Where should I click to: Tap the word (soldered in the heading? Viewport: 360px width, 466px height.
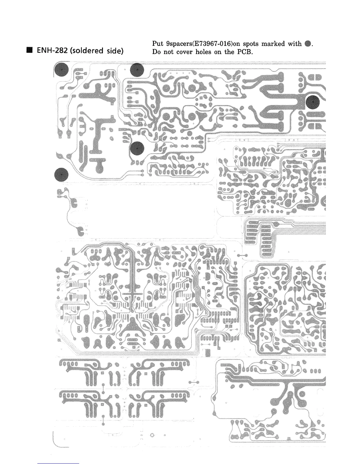85,51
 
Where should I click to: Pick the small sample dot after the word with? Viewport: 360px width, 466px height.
307,44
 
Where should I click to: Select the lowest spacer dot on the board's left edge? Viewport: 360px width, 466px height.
61,174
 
